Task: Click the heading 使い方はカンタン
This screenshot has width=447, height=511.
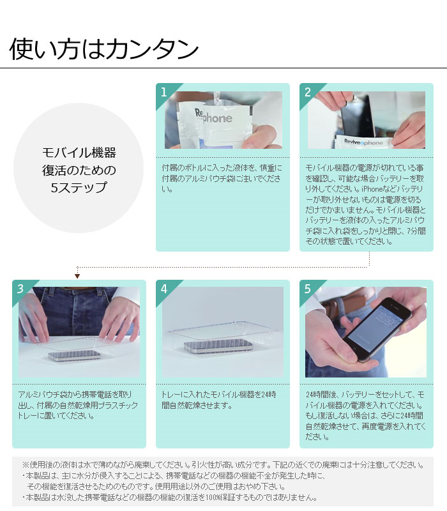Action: pyautogui.click(x=104, y=49)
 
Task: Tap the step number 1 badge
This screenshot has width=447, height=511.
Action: pyautogui.click(x=164, y=92)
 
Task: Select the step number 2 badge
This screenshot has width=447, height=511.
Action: pyautogui.click(x=308, y=92)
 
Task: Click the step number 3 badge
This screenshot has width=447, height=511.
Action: pyautogui.click(x=20, y=289)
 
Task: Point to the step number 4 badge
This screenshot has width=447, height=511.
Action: pyautogui.click(x=164, y=289)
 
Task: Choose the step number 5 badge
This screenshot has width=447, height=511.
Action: pyautogui.click(x=308, y=289)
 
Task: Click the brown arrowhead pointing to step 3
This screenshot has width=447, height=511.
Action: pyautogui.click(x=77, y=276)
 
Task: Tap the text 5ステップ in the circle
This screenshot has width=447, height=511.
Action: pyautogui.click(x=79, y=187)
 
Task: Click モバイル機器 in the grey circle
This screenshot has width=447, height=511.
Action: pyautogui.click(x=79, y=153)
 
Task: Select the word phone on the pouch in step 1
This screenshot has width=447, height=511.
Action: pyautogui.click(x=218, y=119)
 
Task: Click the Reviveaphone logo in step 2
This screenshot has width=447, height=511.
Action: pyautogui.click(x=363, y=142)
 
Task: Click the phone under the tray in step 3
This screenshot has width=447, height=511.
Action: pyautogui.click(x=75, y=355)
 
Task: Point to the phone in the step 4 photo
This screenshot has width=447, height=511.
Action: pyautogui.click(x=218, y=345)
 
